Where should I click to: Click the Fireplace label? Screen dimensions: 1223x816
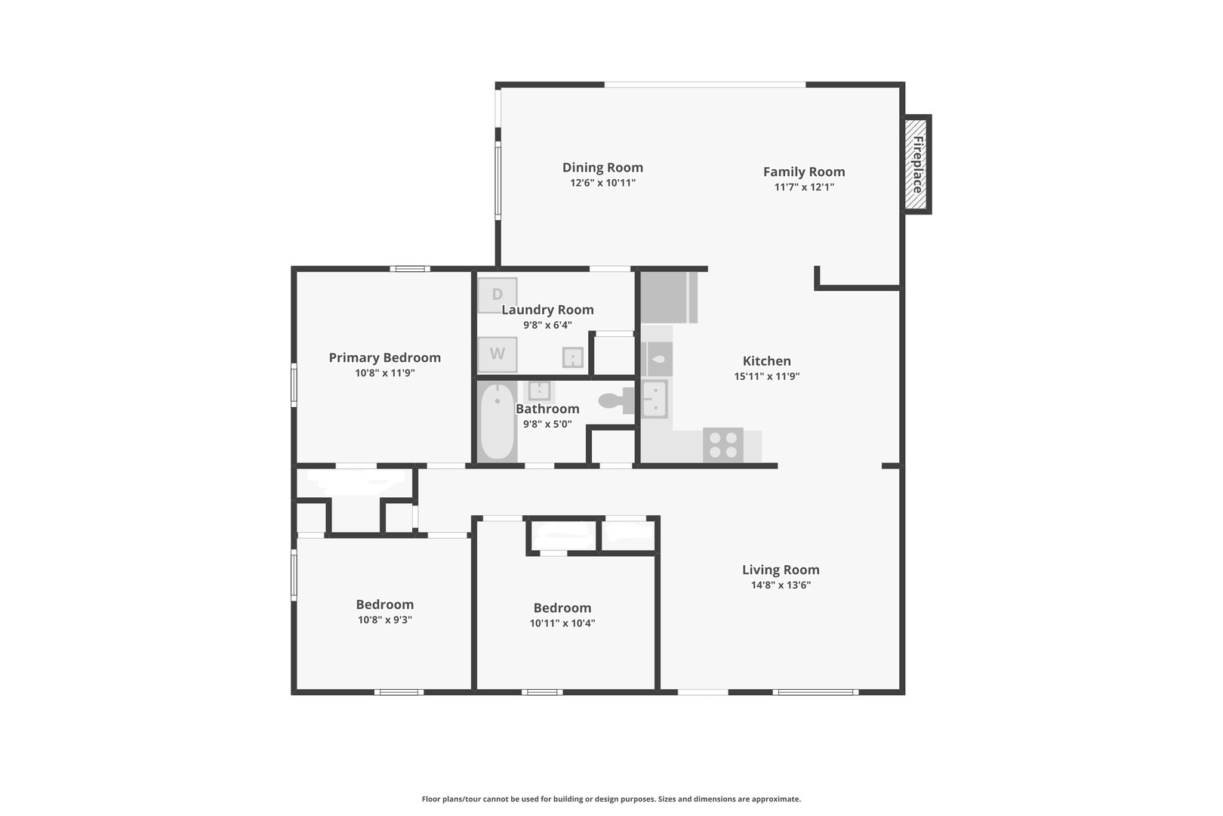pyautogui.click(x=918, y=165)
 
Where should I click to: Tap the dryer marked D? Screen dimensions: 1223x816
pyautogui.click(x=498, y=295)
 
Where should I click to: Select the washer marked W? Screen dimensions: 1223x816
pyautogui.click(x=498, y=354)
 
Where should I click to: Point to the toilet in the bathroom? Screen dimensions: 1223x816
pyautogui.click(x=617, y=400)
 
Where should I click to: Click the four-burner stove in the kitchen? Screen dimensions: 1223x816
pyautogui.click(x=723, y=445)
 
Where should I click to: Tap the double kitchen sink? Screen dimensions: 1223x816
pyautogui.click(x=654, y=399)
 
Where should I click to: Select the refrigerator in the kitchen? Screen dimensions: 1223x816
pyautogui.click(x=669, y=298)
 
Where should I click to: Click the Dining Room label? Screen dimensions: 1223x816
pyautogui.click(x=602, y=167)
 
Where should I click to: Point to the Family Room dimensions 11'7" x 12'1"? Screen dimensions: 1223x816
pyautogui.click(x=804, y=187)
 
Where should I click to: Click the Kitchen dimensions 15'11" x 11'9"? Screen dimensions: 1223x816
pyautogui.click(x=766, y=376)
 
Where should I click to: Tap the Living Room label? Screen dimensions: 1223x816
pyautogui.click(x=781, y=570)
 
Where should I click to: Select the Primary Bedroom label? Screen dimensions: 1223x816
pyautogui.click(x=385, y=357)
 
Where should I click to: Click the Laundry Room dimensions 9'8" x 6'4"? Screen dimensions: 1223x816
pyautogui.click(x=547, y=325)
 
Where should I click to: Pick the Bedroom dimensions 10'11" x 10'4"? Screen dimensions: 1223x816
pyautogui.click(x=562, y=623)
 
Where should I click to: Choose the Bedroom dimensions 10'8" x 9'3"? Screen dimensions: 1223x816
pyautogui.click(x=385, y=620)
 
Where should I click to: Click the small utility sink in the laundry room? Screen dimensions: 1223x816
pyautogui.click(x=573, y=357)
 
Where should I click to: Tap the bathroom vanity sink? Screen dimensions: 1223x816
pyautogui.click(x=539, y=390)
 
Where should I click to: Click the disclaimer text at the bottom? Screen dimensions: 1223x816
pyautogui.click(x=611, y=799)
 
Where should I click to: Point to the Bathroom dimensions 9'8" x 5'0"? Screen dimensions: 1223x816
pyautogui.click(x=547, y=424)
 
